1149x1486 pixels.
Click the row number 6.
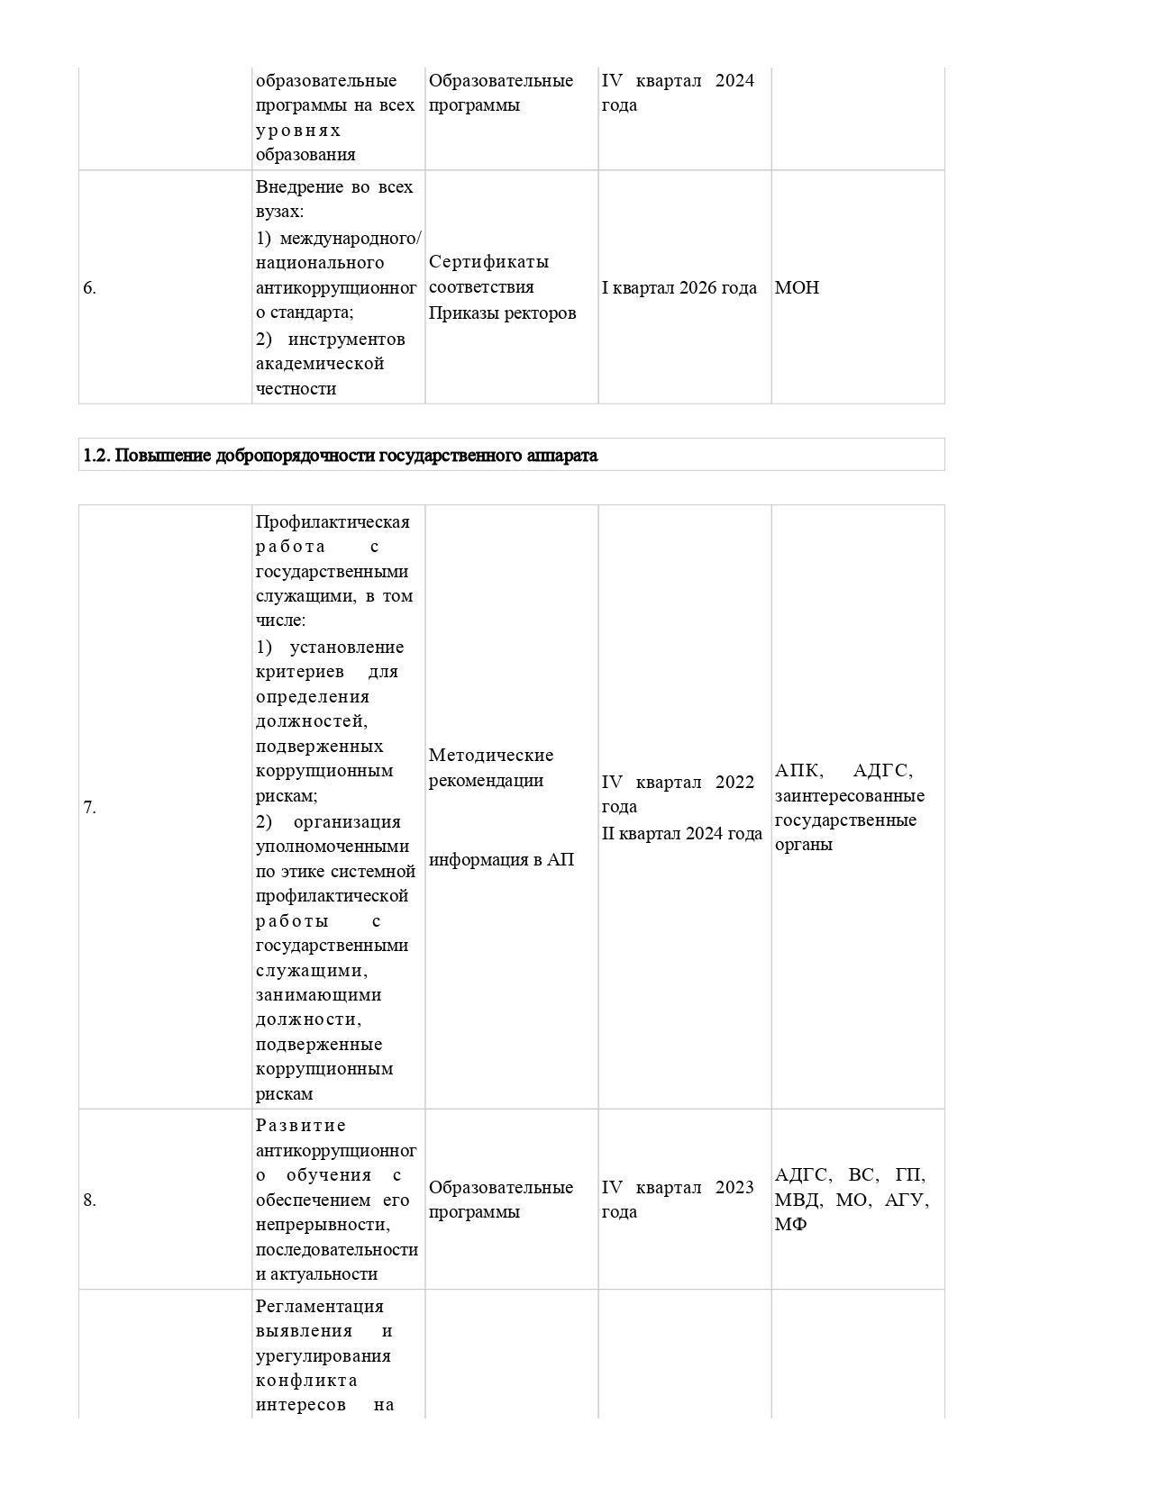click(x=89, y=288)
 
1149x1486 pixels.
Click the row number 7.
click(x=89, y=808)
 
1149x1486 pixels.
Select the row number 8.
click(x=89, y=1201)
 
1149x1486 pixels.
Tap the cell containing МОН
click(x=797, y=288)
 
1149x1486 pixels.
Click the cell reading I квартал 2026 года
click(x=679, y=288)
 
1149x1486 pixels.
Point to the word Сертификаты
click(x=488, y=262)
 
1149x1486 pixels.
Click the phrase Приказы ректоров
click(x=502, y=313)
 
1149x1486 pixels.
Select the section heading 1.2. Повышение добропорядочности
click(x=340, y=456)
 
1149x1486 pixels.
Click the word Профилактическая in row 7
click(x=333, y=522)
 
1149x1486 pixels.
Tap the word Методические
click(x=491, y=756)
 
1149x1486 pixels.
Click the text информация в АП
click(x=501, y=860)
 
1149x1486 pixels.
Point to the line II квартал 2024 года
click(x=681, y=834)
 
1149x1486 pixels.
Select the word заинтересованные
click(x=849, y=796)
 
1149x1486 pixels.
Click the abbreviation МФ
click(x=790, y=1225)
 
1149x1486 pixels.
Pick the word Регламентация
click(x=319, y=1307)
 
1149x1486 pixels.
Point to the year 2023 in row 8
click(x=734, y=1188)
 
